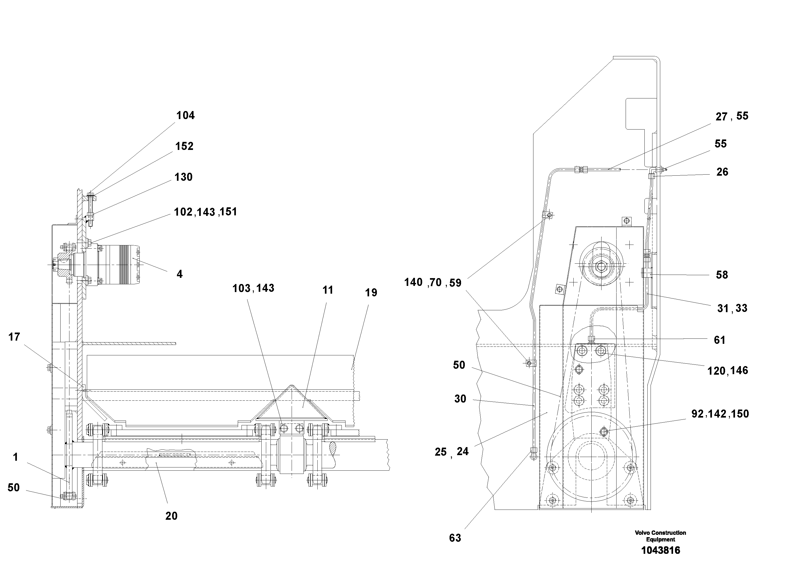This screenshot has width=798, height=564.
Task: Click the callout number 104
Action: coord(185,115)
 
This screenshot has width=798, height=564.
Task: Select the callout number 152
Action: coord(184,146)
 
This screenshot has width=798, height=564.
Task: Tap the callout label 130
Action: coord(183,177)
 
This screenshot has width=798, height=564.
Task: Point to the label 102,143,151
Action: coord(205,212)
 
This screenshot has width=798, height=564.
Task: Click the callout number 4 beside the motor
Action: coord(179,274)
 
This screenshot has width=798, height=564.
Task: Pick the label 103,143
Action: coord(253,288)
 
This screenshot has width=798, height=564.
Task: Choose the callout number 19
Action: coord(371,293)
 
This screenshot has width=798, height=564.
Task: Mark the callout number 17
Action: coord(14,337)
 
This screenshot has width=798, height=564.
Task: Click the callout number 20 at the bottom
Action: coord(171,516)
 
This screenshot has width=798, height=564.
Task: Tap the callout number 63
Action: coord(455,538)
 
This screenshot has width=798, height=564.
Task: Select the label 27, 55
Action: coord(732,116)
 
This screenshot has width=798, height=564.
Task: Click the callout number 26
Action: coord(722,172)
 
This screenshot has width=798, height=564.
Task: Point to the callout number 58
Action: coord(722,275)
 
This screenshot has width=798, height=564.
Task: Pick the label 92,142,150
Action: coord(720,414)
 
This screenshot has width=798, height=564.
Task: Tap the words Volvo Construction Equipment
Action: coord(660,536)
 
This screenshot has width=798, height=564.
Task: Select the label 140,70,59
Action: coord(432,283)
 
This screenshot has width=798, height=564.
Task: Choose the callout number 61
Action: coord(719,340)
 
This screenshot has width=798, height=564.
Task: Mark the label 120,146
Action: coord(728,371)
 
